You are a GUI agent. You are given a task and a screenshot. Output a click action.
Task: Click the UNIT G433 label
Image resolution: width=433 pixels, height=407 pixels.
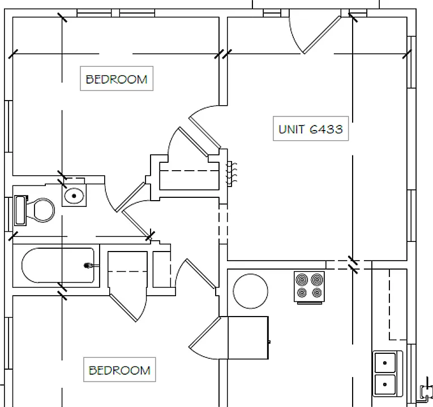point(311,129)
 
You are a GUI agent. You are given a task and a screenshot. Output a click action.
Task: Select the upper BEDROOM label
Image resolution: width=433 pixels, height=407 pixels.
point(117,79)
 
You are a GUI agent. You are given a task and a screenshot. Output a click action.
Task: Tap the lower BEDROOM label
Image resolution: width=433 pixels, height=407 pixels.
point(119,370)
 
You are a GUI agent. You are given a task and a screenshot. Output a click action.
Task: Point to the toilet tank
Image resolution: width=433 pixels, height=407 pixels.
point(21,210)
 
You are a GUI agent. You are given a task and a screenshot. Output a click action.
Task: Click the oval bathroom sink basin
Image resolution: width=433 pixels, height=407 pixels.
point(74,196)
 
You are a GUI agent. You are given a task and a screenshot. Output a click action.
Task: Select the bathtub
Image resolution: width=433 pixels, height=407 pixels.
point(58,265)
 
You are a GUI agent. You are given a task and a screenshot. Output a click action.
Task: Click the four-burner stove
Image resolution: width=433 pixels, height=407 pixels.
point(309,287)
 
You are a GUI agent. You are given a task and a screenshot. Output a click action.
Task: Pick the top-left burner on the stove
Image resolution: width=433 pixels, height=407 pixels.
point(302,280)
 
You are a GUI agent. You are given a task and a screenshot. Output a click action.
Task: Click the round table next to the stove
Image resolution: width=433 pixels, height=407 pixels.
point(251,291)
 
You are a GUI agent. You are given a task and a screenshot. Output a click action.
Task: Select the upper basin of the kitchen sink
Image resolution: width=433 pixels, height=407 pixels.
point(385,362)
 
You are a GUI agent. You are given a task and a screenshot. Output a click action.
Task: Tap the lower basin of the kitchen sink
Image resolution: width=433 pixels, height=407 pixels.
point(385,384)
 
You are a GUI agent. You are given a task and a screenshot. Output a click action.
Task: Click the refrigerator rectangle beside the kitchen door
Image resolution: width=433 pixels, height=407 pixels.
point(248,338)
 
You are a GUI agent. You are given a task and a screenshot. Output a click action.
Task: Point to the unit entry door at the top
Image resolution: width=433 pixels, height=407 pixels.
point(322,34)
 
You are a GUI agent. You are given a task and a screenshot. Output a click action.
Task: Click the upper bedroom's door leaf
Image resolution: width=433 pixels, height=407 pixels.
point(205,133)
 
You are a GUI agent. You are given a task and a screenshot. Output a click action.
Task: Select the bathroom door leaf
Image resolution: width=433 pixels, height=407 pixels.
point(130,197)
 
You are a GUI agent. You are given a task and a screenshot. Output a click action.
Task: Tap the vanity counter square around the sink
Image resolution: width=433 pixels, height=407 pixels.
point(74,195)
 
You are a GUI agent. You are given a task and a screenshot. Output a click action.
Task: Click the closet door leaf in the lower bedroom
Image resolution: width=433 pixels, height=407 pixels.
point(123,308)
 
